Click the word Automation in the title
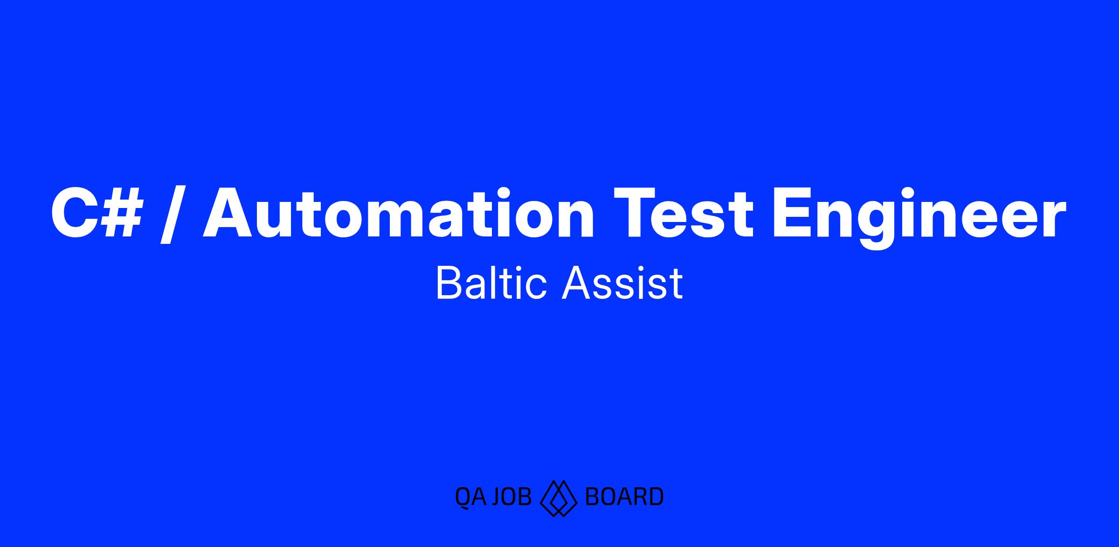click(x=399, y=213)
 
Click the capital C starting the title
click(x=72, y=213)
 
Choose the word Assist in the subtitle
click(x=622, y=283)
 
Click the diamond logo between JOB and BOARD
click(x=559, y=498)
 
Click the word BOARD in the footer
click(x=624, y=497)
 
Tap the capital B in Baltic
click(x=448, y=283)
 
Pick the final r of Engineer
click(x=1055, y=219)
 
